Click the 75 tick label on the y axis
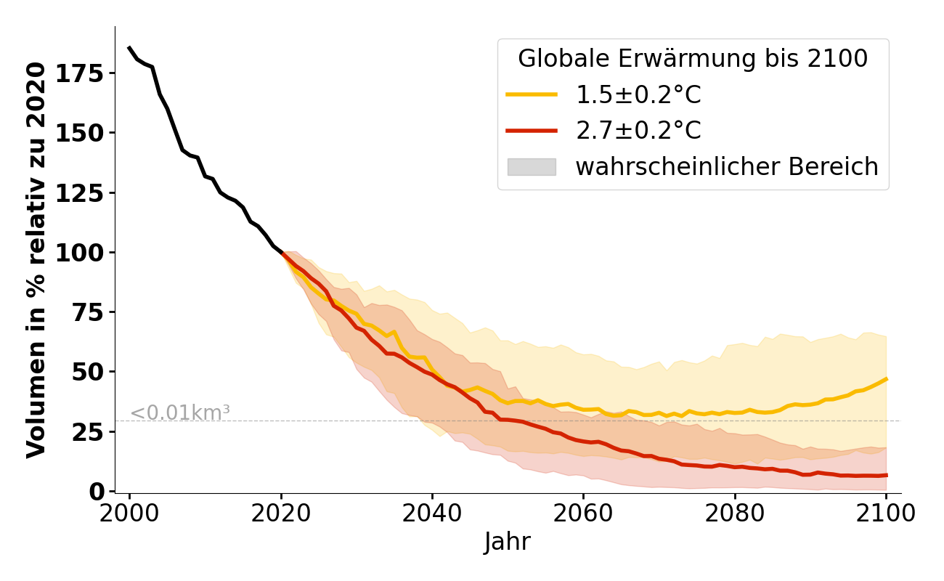point(91,312)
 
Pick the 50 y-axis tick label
point(91,372)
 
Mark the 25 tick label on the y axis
point(91,431)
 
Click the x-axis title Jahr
point(508,542)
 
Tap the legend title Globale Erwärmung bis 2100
point(693,59)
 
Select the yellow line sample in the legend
point(532,94)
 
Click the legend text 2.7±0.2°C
point(638,131)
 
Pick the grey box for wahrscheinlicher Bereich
point(532,167)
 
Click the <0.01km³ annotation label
point(180,413)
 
